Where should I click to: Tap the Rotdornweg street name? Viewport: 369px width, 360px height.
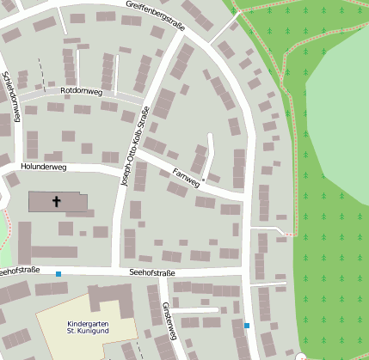[81, 90]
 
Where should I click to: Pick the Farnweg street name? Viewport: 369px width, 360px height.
[186, 178]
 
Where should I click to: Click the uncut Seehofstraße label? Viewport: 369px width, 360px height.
[151, 273]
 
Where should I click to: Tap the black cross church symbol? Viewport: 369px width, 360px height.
[57, 201]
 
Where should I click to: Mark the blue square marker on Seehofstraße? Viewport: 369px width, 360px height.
[58, 274]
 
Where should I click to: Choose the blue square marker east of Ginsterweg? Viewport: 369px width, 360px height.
[247, 326]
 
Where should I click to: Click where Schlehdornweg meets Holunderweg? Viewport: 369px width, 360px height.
[17, 163]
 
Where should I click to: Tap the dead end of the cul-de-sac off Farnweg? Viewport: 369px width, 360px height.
[212, 135]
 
